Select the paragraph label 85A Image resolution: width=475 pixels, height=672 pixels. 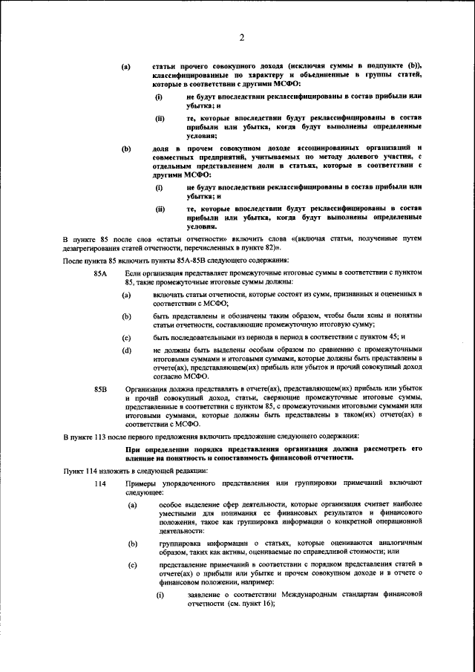click(101, 275)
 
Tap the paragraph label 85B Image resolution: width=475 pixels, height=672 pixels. click(101, 388)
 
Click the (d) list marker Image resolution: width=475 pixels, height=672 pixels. click(126, 350)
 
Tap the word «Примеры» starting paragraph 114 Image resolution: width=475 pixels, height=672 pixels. click(142, 484)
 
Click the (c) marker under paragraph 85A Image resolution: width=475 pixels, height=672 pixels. click(126, 337)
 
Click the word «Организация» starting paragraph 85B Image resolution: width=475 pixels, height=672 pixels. click(148, 388)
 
